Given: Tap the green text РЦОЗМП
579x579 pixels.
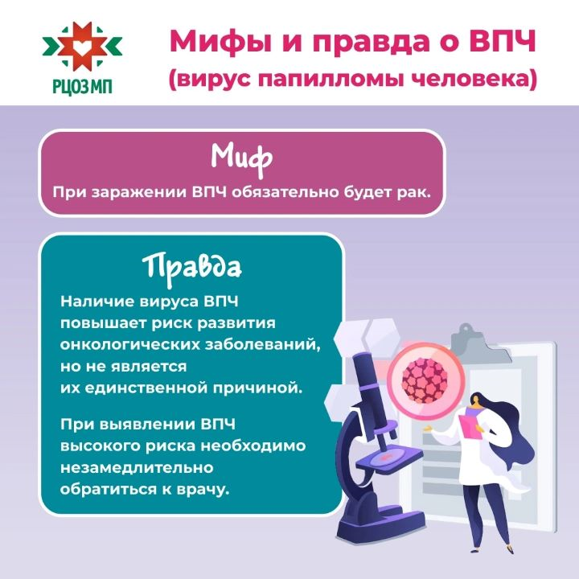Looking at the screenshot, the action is click(82, 87).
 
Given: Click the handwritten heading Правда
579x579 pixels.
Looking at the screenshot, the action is click(192, 267).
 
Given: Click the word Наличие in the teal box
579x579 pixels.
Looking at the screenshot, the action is click(97, 302).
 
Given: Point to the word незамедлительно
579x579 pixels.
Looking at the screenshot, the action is click(137, 468).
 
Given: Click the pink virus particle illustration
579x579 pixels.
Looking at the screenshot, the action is click(425, 380).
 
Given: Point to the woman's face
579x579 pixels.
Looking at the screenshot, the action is click(475, 402).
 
